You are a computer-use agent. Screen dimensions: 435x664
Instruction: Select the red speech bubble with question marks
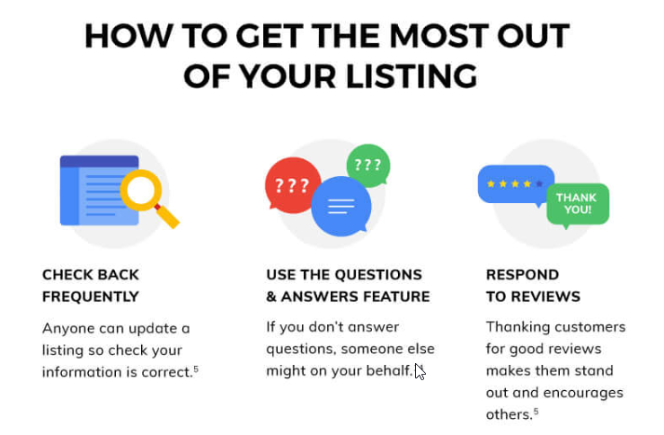tap(291, 186)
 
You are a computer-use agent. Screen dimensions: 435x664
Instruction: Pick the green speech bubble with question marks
tap(367, 164)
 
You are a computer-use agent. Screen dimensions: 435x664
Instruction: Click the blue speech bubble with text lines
tap(341, 205)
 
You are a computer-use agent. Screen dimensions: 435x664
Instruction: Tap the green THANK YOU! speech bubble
tap(576, 203)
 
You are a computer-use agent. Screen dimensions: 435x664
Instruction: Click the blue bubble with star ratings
tap(515, 183)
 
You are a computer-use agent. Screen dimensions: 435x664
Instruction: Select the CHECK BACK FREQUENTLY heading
tap(91, 285)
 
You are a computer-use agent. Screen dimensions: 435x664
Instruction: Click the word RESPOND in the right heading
tap(522, 274)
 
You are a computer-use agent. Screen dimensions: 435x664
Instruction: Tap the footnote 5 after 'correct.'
tap(196, 368)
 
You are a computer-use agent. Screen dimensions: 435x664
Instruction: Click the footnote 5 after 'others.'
tap(536, 411)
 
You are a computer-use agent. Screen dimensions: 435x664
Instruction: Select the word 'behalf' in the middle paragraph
tap(387, 371)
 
